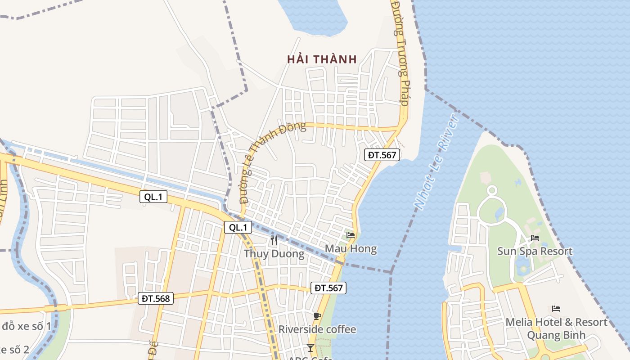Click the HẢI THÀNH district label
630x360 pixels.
point(322,59)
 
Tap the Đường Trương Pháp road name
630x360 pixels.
point(400,53)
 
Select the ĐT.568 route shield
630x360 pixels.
point(156,298)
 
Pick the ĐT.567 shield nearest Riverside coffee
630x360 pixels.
point(328,288)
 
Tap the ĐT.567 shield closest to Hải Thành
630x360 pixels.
point(382,155)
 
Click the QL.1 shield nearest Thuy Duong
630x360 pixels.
point(238,227)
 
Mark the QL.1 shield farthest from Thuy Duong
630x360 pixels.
point(153,197)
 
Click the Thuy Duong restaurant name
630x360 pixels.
point(274,254)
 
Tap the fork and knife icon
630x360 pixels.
point(274,240)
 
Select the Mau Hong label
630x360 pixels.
point(351,248)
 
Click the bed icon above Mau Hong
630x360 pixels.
point(351,235)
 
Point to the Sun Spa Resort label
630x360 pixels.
point(535,251)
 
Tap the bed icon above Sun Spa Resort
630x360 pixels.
point(535,238)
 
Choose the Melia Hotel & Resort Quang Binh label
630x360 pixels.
point(556,328)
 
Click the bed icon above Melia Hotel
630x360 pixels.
point(556,309)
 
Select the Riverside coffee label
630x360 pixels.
point(317,329)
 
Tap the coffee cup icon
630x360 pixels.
point(317,316)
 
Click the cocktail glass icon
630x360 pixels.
point(310,347)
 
